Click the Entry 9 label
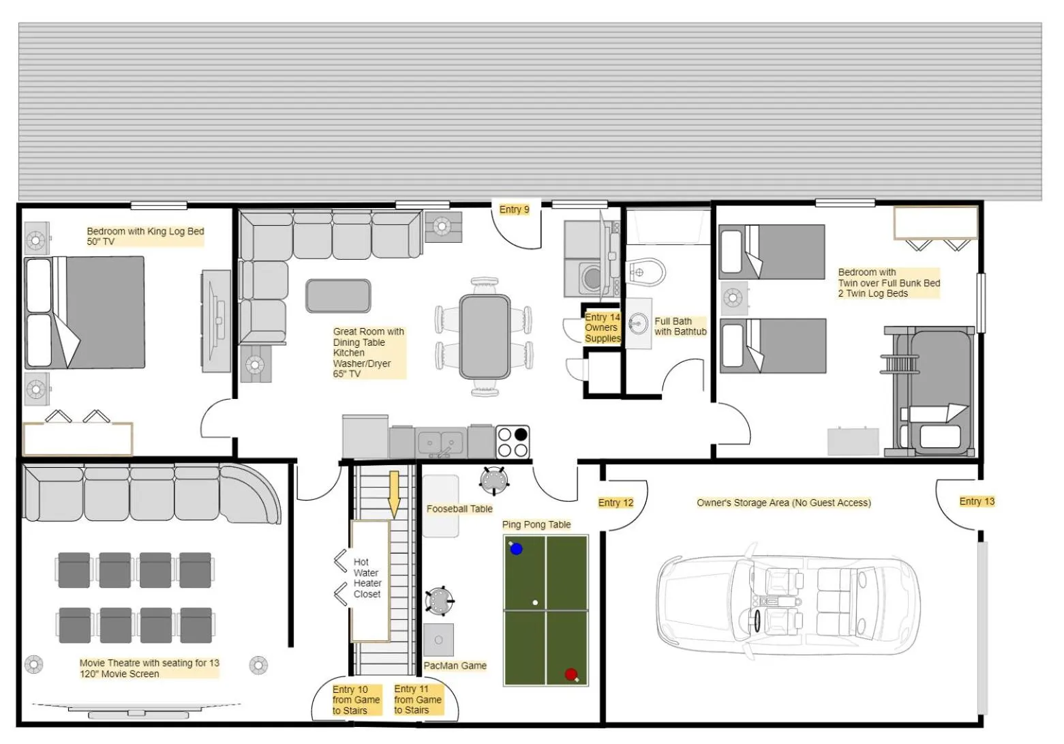pyautogui.click(x=514, y=209)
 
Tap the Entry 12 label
pyautogui.click(x=615, y=503)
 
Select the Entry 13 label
pyautogui.click(x=977, y=501)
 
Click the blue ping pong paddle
pyautogui.click(x=516, y=548)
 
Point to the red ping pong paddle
pyautogui.click(x=571, y=674)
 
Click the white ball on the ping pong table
pyautogui.click(x=535, y=603)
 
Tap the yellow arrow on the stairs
pyautogui.click(x=394, y=493)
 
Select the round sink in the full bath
pyautogui.click(x=639, y=323)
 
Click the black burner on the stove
pyautogui.click(x=521, y=434)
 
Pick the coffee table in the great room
pyautogui.click(x=338, y=296)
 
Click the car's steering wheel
pyautogui.click(x=757, y=621)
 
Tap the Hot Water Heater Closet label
pyautogui.click(x=367, y=578)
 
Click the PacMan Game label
pyautogui.click(x=455, y=666)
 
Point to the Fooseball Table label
pyautogui.click(x=459, y=509)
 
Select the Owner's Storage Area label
pyautogui.click(x=783, y=503)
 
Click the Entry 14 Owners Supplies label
pyautogui.click(x=603, y=327)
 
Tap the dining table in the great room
pyautogui.click(x=485, y=336)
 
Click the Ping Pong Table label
pyautogui.click(x=536, y=524)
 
